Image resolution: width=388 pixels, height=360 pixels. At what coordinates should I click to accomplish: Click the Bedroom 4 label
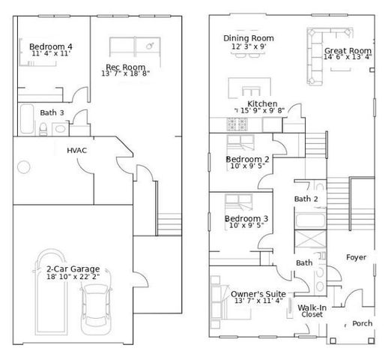click(x=51, y=46)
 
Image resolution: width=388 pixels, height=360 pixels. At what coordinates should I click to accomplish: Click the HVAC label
click(x=77, y=150)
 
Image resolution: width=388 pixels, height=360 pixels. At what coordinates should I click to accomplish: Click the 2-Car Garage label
click(x=73, y=268)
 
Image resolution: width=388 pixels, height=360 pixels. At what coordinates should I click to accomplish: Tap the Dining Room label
click(x=249, y=38)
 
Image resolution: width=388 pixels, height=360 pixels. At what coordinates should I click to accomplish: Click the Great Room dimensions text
click(x=347, y=56)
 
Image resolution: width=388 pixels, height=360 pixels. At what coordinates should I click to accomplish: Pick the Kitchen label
click(x=262, y=103)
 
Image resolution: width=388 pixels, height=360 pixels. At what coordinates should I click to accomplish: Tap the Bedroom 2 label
click(x=247, y=159)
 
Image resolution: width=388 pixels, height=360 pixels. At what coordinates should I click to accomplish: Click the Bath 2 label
click(x=306, y=199)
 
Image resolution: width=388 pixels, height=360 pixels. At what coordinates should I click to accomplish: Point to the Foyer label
click(x=357, y=257)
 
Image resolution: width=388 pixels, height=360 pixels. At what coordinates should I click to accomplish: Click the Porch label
click(x=363, y=324)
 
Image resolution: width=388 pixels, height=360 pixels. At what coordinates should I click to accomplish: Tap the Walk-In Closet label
click(x=312, y=311)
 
